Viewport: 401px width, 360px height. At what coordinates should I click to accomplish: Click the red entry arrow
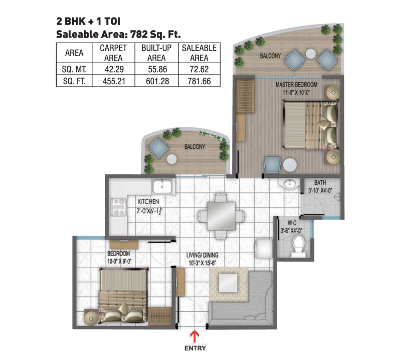195,336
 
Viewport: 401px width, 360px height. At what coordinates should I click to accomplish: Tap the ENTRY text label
195,348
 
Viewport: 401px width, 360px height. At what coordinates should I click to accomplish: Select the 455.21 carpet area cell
114,81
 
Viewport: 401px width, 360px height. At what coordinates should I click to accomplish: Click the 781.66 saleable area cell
199,81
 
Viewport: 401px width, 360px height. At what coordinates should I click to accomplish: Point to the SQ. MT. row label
74,69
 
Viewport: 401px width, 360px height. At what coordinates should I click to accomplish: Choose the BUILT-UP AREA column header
156,53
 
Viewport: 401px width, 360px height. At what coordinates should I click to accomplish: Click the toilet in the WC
298,245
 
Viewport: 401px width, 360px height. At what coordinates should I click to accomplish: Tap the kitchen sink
162,186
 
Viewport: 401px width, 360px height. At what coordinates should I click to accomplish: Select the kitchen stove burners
119,207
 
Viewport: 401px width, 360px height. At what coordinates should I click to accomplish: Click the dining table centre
221,216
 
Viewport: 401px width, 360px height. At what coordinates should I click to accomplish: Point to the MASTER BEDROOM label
296,84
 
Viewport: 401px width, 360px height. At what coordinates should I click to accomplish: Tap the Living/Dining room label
203,255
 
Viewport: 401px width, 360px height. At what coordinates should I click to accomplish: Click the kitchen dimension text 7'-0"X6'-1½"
149,212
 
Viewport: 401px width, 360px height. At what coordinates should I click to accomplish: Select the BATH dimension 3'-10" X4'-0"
320,191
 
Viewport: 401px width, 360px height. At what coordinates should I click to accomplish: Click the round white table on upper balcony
311,54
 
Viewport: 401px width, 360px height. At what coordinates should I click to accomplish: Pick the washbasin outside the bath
290,183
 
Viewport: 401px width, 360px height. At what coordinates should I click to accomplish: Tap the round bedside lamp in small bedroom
91,318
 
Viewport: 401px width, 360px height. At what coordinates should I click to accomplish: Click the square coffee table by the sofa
228,283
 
